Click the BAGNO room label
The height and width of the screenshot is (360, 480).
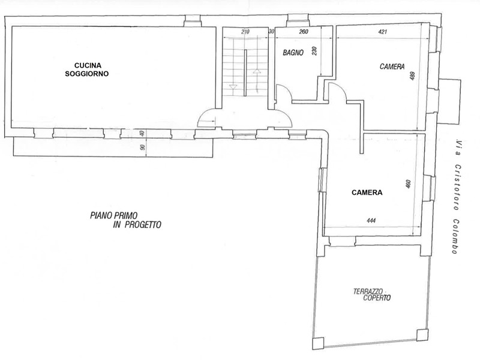click(x=293, y=53)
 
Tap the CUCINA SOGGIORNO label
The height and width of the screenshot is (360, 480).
click(x=87, y=70)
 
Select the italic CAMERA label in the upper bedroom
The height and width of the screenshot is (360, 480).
click(x=392, y=67)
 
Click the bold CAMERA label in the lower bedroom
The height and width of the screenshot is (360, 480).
click(x=367, y=193)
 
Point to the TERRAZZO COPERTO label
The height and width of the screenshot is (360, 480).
click(x=372, y=295)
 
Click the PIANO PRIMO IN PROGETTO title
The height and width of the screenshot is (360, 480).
click(x=125, y=220)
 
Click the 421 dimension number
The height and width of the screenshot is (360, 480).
click(x=383, y=32)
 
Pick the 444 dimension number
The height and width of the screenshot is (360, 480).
click(x=371, y=220)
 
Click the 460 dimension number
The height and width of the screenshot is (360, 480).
click(x=407, y=184)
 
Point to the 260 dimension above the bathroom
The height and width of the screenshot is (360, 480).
click(x=304, y=32)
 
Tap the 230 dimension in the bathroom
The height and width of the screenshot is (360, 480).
click(x=314, y=51)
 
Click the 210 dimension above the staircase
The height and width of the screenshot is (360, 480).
click(x=245, y=32)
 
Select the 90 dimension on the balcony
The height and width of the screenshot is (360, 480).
click(x=142, y=148)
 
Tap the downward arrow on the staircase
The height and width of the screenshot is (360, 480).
click(x=233, y=87)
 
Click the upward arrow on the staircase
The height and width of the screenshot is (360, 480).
click(x=256, y=71)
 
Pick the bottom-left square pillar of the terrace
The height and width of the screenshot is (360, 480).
click(x=318, y=343)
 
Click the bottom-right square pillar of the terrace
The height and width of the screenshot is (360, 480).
click(x=422, y=335)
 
